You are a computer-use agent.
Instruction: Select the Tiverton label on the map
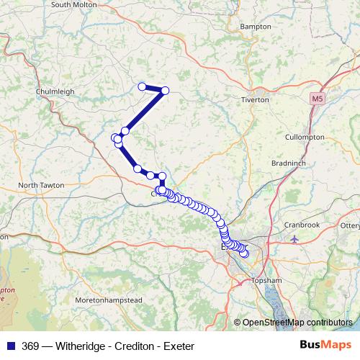coord(255,100)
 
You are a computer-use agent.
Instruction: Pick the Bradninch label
coord(289,163)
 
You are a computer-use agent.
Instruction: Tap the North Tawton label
coord(41,185)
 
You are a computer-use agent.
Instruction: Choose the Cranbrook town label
coord(301,225)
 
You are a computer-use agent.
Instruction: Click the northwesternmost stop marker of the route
coord(143,86)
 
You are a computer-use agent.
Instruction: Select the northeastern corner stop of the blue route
coord(165,91)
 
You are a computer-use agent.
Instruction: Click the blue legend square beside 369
coord(10,346)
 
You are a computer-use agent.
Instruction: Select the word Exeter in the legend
coord(179,346)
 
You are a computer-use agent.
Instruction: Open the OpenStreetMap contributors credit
coord(298,323)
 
